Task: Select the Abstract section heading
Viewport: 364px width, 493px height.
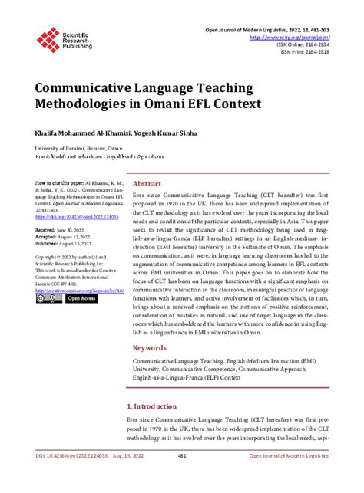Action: point(147,185)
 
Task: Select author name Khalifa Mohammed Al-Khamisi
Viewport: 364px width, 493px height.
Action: point(74,133)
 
